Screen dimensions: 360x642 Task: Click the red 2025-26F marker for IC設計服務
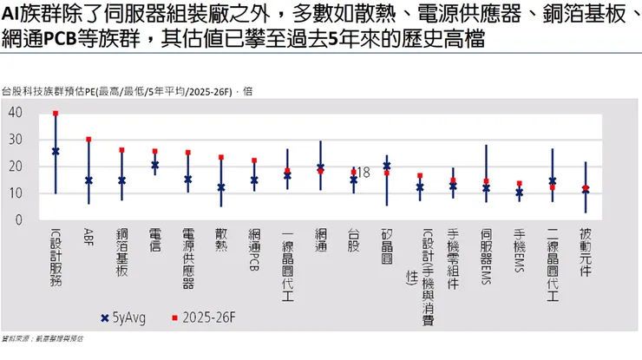pos(56,114)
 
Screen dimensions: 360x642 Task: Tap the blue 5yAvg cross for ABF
pos(88,180)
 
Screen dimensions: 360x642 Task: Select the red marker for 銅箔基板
pos(121,150)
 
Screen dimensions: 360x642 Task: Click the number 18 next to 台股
pos(364,173)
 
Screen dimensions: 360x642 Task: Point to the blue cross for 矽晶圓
pos(386,166)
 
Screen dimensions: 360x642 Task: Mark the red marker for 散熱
pos(221,158)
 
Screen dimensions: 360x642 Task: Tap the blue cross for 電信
pos(154,165)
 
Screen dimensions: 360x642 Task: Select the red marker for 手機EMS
pos(520,184)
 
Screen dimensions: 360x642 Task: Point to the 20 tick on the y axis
pos(15,167)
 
